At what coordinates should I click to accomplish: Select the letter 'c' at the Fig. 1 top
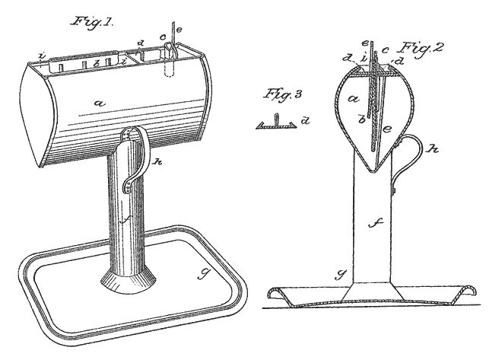coord(162,34)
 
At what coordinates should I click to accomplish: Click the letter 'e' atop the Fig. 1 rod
coord(179,30)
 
